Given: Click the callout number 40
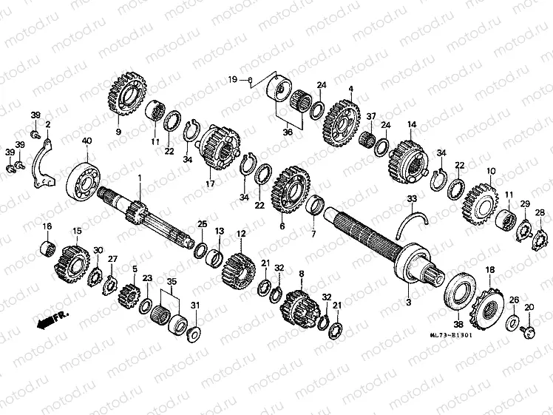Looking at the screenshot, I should (x=87, y=141).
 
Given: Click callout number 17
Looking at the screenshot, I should (x=210, y=183).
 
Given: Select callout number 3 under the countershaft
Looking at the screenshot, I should (x=407, y=303).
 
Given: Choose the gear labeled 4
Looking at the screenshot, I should (x=342, y=122).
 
